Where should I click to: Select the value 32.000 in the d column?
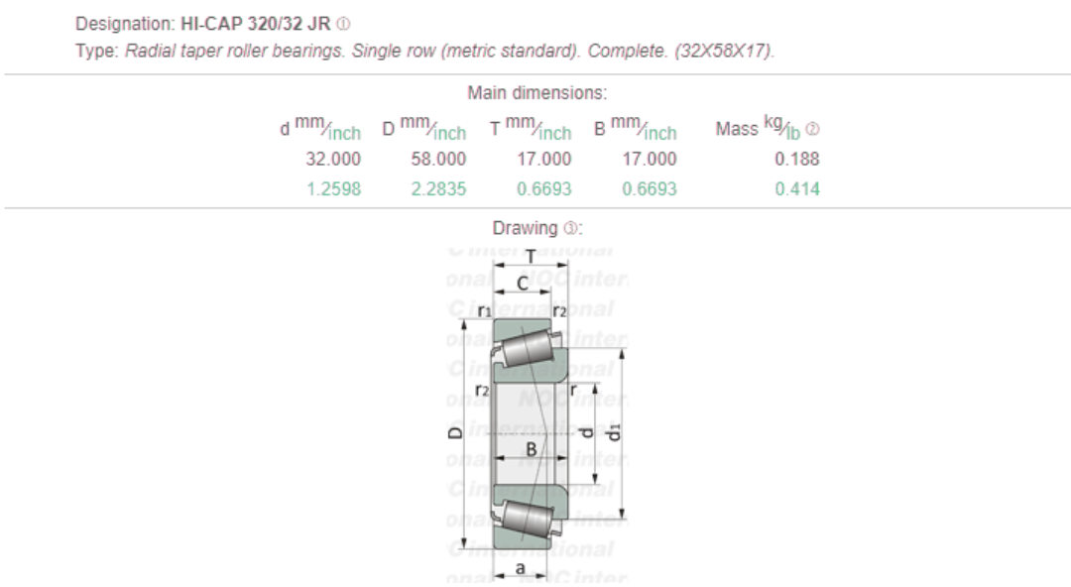tap(333, 159)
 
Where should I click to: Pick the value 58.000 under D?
tap(438, 159)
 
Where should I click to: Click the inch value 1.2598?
tap(333, 189)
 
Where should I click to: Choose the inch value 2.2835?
tap(438, 189)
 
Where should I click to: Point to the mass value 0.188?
tap(797, 159)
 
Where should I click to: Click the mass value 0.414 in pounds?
tap(797, 189)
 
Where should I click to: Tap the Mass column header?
tap(736, 129)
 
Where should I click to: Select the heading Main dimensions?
tap(536, 94)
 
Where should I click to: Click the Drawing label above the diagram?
tap(526, 228)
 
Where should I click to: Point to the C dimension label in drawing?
tap(523, 285)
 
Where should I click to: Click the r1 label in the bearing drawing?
tap(484, 311)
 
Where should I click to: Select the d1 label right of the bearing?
tap(614, 432)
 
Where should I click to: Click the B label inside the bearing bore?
tap(531, 447)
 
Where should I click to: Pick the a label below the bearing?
tap(521, 568)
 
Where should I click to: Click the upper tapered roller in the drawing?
tap(526, 348)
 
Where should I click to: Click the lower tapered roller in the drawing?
tap(526, 518)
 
